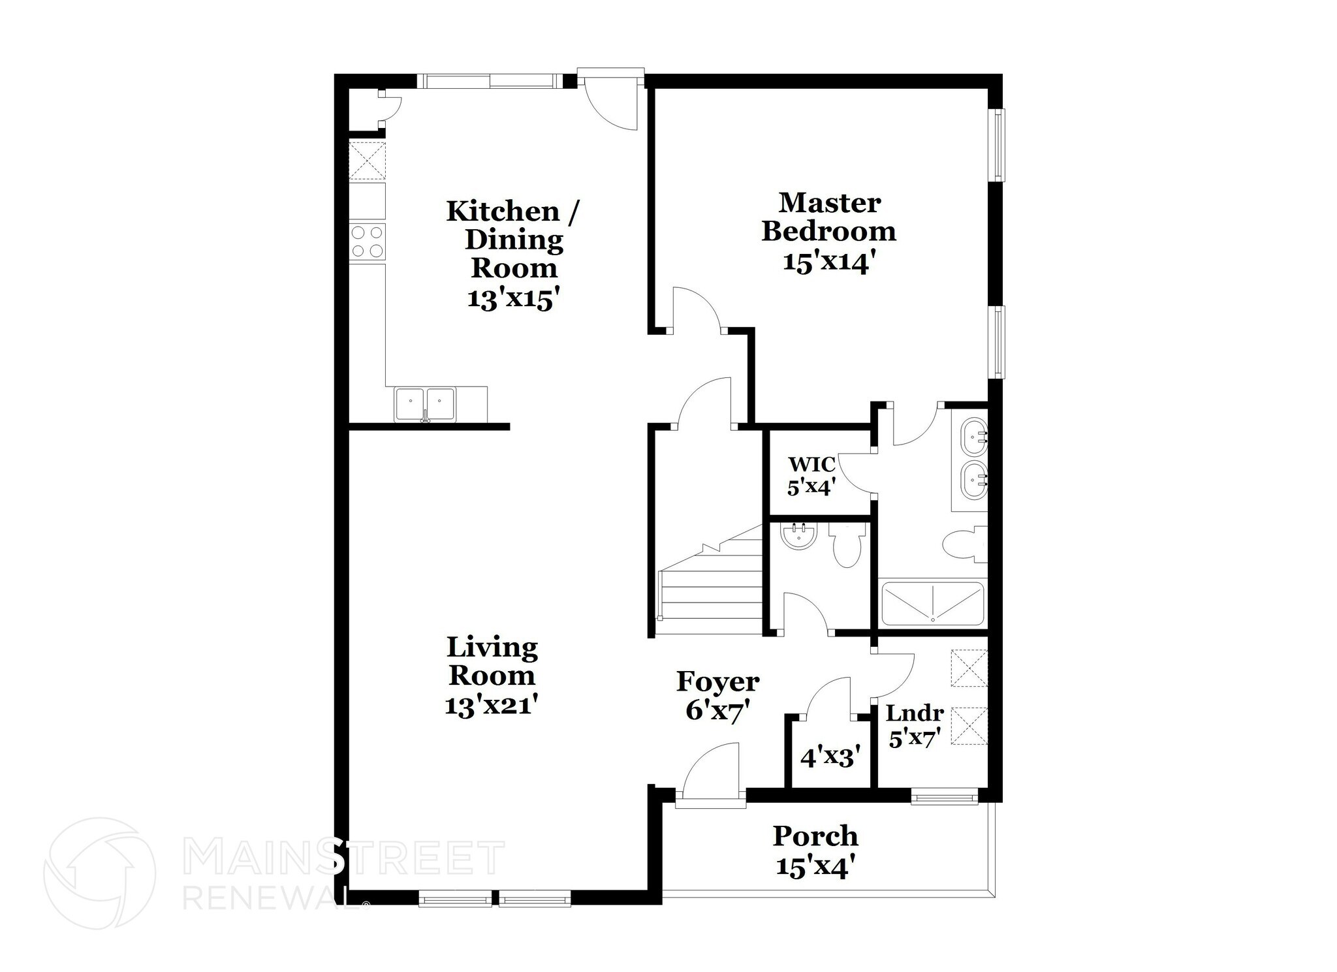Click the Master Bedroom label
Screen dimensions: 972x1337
pos(828,217)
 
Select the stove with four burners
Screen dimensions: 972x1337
pos(367,242)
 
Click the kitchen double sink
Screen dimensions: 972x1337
pos(424,404)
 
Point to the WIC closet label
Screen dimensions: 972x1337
pos(811,465)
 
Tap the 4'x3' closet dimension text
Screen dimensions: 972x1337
pos(828,757)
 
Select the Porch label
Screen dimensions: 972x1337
pos(815,836)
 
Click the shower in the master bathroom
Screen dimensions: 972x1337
pos(932,603)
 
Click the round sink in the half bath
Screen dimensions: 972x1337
pos(798,537)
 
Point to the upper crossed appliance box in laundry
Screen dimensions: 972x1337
pos(969,668)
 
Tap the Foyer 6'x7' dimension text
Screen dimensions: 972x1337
pos(717,710)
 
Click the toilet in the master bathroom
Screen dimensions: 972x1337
pos(963,545)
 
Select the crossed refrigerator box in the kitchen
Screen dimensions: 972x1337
pos(367,160)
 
